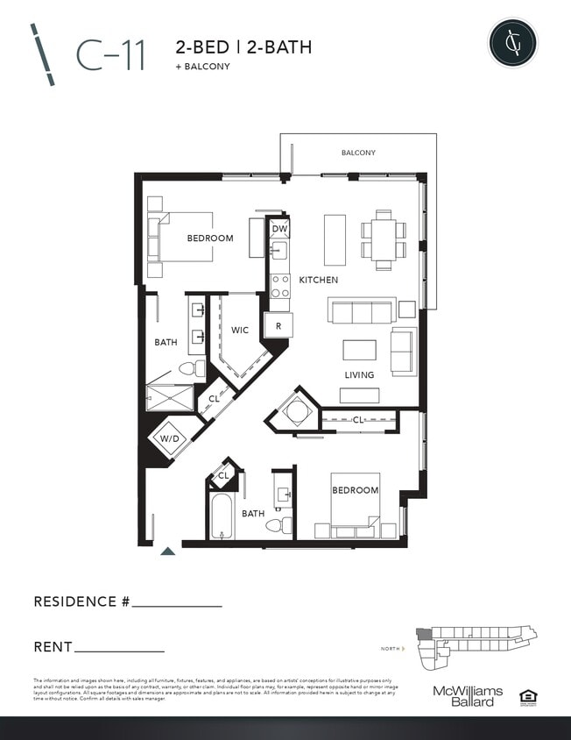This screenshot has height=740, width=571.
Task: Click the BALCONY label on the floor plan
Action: coord(358,153)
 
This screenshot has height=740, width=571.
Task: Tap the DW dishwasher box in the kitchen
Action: coord(279,230)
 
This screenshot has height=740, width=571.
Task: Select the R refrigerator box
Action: coord(278,325)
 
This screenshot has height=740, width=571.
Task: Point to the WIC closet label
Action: coord(240,331)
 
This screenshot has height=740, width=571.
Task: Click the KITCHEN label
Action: coord(319,280)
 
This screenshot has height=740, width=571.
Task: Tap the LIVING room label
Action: coord(359,375)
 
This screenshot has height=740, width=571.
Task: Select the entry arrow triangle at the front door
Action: coord(167,551)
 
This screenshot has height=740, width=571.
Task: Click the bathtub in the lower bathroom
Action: coord(222,517)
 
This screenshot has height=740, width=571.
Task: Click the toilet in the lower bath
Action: coord(278,525)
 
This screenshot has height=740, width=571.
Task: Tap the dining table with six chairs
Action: coord(384,240)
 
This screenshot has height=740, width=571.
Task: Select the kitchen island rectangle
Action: coord(335,239)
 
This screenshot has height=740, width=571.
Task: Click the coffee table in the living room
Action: coord(359,350)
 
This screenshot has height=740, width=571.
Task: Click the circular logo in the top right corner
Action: coord(512,42)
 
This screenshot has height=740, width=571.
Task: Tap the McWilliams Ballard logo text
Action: coord(468,696)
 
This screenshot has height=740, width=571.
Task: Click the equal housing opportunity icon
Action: coord(527,697)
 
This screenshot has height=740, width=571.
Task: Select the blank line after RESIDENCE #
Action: coord(177,603)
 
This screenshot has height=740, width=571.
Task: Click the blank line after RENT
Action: coord(120,649)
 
